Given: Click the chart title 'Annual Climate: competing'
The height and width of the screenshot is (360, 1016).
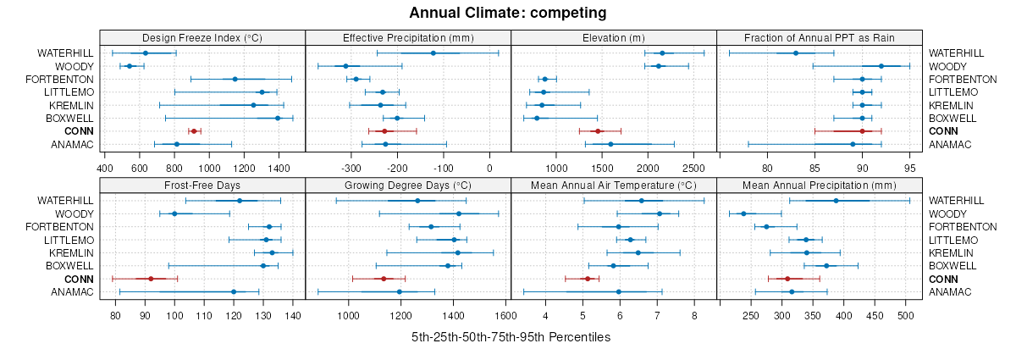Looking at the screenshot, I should [x=508, y=13].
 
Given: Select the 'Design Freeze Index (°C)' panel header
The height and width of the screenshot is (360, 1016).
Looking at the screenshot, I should [x=202, y=37].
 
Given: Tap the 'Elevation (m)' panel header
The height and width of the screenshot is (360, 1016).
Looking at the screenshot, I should [x=614, y=37].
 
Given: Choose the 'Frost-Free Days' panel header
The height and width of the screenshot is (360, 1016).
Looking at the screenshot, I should [x=202, y=185].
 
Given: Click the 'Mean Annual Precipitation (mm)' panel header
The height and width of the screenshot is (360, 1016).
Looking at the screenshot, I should [x=819, y=185].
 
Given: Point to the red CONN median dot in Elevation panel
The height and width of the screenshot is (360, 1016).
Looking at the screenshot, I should [x=598, y=131].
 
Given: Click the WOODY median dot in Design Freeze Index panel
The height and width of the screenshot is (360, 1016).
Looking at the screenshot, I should [x=130, y=66].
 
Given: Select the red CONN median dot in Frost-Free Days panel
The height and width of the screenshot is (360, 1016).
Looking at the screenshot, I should [x=151, y=279].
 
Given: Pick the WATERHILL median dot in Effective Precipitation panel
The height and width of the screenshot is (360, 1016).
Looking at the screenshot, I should [x=433, y=53].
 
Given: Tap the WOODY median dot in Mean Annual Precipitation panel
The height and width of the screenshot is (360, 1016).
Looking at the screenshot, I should [x=743, y=213].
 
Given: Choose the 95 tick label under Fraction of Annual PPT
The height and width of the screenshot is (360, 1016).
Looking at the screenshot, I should [x=910, y=156].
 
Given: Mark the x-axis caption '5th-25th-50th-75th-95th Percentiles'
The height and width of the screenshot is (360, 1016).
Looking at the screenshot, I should [x=511, y=337].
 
